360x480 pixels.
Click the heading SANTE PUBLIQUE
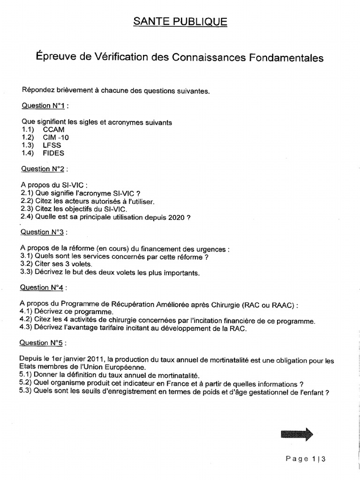(180, 22)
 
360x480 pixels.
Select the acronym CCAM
(53, 129)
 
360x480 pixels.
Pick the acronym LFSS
(52, 145)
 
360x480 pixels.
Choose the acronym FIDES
(53, 153)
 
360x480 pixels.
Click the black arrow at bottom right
(297, 434)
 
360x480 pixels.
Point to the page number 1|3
(319, 459)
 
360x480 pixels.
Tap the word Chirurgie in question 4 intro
(225, 305)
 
